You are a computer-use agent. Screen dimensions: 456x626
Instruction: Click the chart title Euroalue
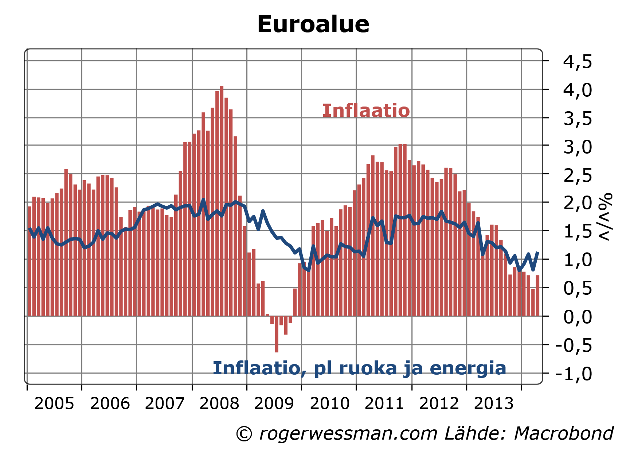pyautogui.click(x=313, y=24)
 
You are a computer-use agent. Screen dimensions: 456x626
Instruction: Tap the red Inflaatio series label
pyautogui.click(x=366, y=111)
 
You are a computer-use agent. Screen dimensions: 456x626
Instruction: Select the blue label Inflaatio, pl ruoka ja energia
pyautogui.click(x=359, y=368)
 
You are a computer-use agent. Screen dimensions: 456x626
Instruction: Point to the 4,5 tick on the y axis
pyautogui.click(x=578, y=61)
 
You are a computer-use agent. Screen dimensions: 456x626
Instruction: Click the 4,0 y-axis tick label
pyautogui.click(x=578, y=90)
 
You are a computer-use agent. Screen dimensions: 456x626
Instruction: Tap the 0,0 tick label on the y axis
pyautogui.click(x=578, y=317)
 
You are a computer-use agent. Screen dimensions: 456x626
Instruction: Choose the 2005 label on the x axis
pyautogui.click(x=54, y=403)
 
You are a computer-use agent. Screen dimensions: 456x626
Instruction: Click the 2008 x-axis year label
pyautogui.click(x=219, y=403)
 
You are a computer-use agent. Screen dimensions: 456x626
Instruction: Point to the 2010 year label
pyautogui.click(x=329, y=403)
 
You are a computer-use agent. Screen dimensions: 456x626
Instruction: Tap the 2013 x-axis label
pyautogui.click(x=494, y=403)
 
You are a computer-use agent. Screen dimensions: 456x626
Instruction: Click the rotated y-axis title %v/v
pyautogui.click(x=605, y=217)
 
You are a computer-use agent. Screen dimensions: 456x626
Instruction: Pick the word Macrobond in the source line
pyautogui.click(x=563, y=434)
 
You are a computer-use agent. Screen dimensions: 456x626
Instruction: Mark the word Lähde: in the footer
pyautogui.click(x=475, y=434)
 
